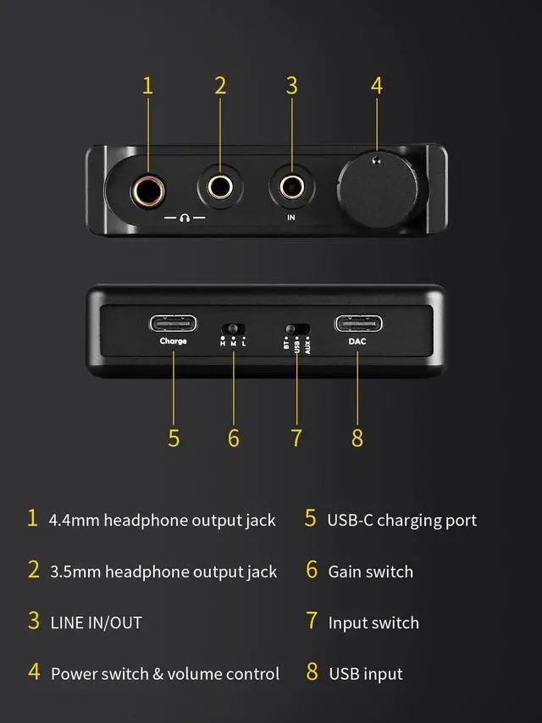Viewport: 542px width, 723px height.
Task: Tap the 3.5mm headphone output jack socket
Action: click(x=221, y=185)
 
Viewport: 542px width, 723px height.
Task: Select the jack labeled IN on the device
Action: click(x=291, y=185)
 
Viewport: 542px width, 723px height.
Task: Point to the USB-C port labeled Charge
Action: click(x=174, y=323)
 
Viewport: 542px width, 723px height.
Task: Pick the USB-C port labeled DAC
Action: click(x=357, y=323)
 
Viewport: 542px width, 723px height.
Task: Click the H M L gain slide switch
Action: click(x=233, y=328)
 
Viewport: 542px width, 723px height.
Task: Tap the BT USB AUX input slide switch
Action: click(x=297, y=328)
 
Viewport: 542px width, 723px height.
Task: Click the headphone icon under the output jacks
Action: click(x=185, y=218)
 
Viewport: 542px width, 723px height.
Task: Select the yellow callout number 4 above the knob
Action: click(x=376, y=86)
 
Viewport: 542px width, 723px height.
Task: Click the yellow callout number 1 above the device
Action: click(x=148, y=86)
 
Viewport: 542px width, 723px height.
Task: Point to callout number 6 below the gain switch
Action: click(x=234, y=438)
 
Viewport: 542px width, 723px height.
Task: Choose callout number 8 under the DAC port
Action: click(x=357, y=438)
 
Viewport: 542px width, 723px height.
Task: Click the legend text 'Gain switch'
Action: click(x=371, y=571)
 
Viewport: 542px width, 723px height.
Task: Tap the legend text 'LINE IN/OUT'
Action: click(x=96, y=622)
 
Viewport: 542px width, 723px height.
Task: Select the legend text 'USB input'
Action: click(x=366, y=674)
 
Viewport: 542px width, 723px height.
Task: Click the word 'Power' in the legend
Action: click(x=74, y=674)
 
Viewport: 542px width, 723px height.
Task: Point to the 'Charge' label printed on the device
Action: click(x=174, y=341)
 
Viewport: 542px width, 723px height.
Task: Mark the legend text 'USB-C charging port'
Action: click(x=402, y=520)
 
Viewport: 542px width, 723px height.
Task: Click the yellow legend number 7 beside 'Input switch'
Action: click(x=312, y=621)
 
